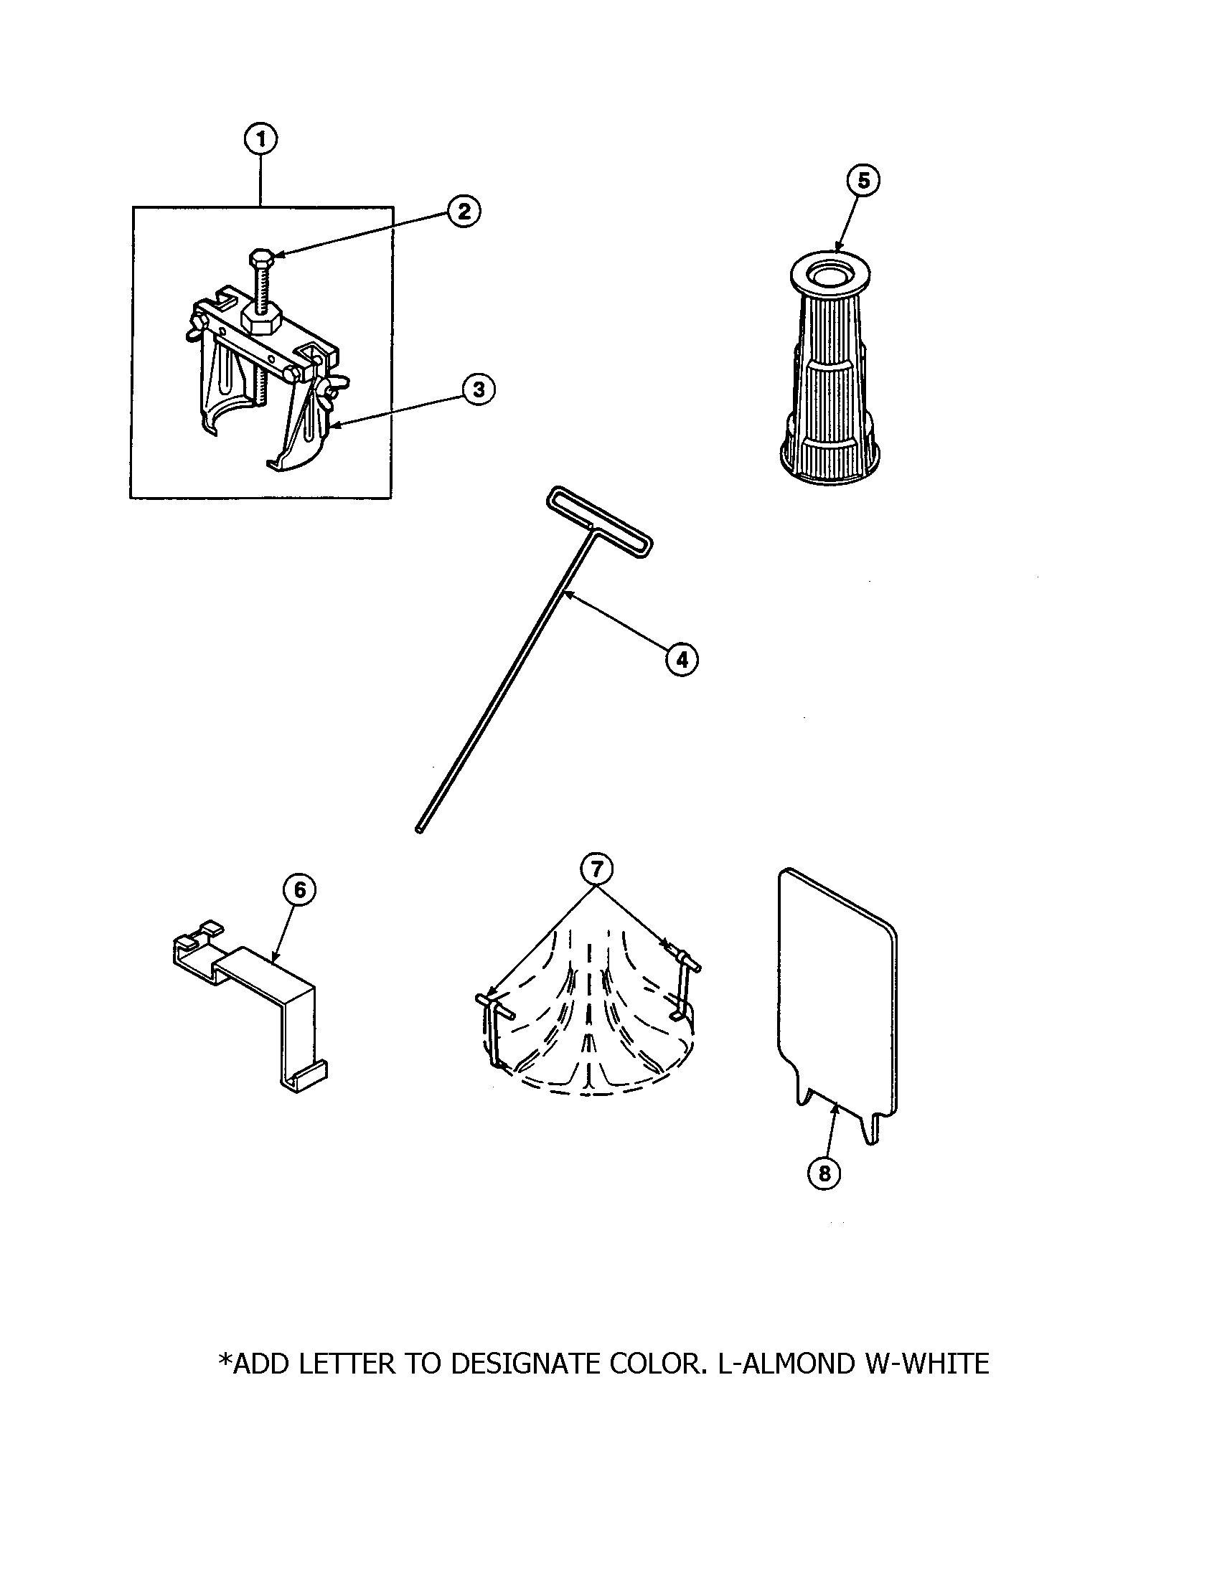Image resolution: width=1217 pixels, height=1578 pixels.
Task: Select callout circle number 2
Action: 464,211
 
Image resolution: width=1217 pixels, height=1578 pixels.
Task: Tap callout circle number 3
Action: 479,389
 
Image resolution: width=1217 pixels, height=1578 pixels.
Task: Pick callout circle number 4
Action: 682,659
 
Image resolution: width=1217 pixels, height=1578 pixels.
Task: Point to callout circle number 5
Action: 864,181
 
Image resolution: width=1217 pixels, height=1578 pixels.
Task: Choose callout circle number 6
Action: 299,891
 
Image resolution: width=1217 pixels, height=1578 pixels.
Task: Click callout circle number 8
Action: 824,1174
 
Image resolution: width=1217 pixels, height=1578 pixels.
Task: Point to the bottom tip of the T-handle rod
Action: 419,830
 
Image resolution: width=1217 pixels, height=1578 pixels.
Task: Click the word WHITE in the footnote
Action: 939,1364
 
